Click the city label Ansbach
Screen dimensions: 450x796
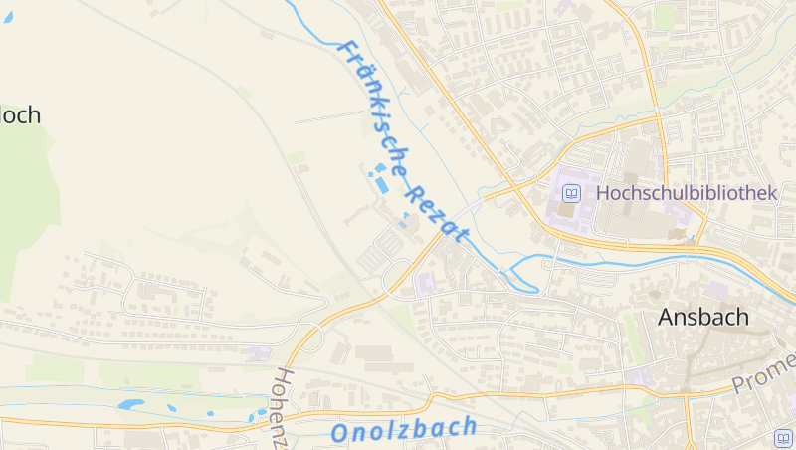coord(702,318)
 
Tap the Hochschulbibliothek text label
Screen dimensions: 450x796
coord(686,193)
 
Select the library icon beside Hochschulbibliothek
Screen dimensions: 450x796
coord(571,193)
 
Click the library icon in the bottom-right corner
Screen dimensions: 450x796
coord(783,437)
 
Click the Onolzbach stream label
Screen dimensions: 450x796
coord(403,430)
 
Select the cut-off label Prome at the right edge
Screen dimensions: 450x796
coord(764,372)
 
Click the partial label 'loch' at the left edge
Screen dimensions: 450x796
coord(20,115)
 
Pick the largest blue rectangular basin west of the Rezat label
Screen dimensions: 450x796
coord(382,185)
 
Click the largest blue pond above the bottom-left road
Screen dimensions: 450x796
coord(130,405)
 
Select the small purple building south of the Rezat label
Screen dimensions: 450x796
coord(425,284)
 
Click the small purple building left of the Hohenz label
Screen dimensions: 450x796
coord(258,353)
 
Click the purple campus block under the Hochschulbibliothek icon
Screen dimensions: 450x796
coord(568,213)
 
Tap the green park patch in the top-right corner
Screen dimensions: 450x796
coord(665,17)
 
